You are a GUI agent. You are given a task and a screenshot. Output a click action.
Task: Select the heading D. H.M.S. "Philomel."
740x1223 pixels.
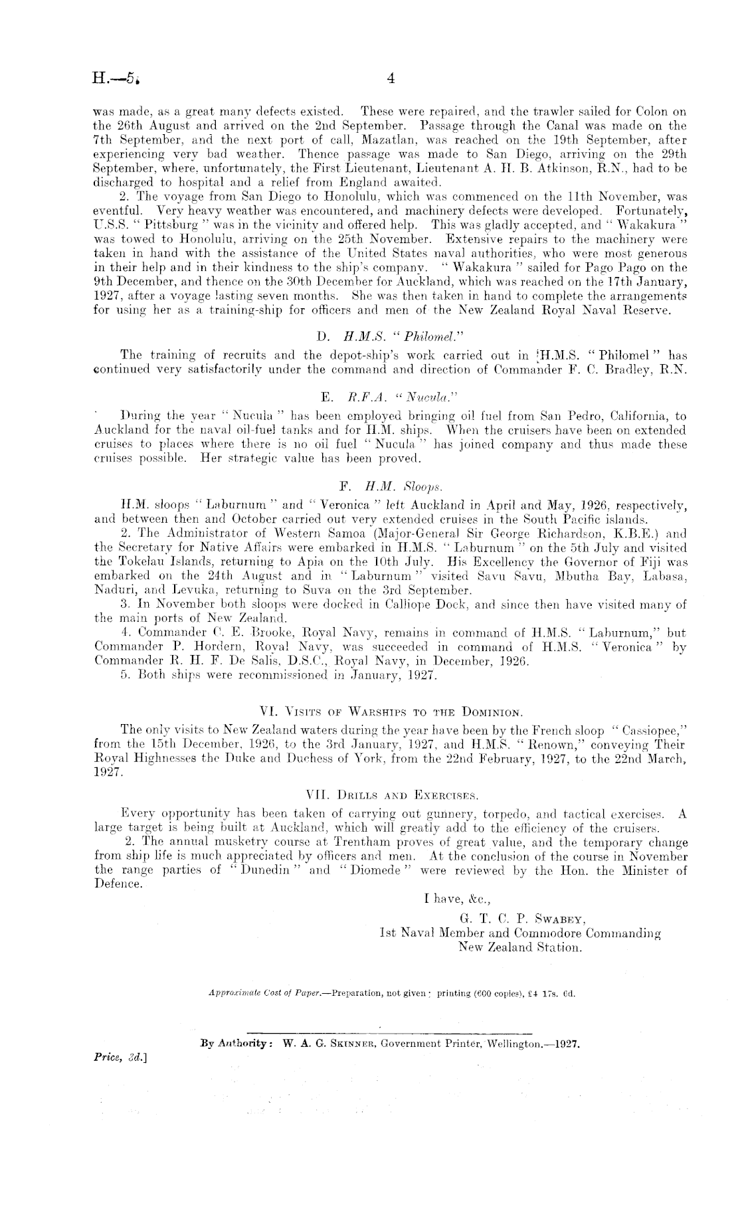coord(370,337)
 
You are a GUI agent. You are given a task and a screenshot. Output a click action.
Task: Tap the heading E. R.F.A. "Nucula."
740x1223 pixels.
coord(369,398)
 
